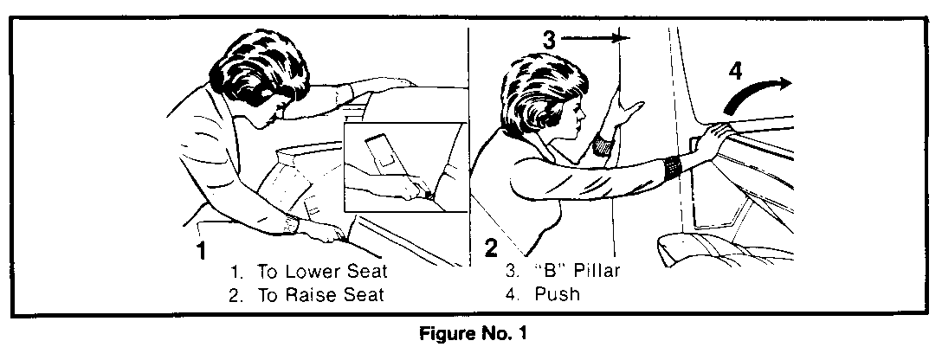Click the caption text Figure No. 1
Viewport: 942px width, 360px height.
click(x=472, y=333)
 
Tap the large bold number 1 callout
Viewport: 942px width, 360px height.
click(x=201, y=250)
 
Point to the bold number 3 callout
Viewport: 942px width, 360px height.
click(x=550, y=40)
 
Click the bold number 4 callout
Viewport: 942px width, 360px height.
click(x=736, y=72)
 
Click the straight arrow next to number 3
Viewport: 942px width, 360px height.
click(x=595, y=38)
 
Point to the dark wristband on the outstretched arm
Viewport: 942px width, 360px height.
click(x=672, y=167)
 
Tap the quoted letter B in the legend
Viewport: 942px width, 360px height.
click(x=549, y=271)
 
